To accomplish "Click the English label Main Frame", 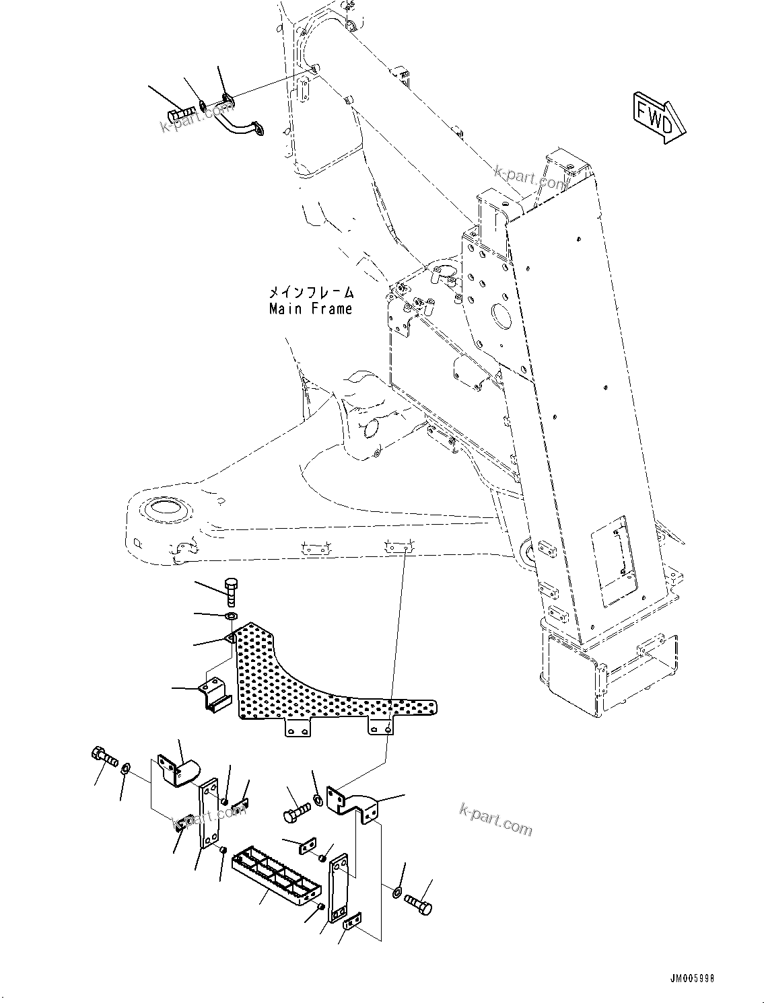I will coord(310,309).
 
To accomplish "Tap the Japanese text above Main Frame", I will coord(310,292).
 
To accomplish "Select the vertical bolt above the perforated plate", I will coord(231,590).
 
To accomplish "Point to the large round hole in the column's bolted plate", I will coord(505,314).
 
